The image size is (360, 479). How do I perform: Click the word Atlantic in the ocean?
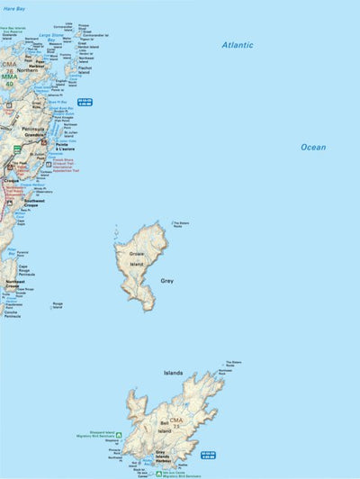(x=238, y=44)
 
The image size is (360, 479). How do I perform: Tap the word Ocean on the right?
(x=313, y=147)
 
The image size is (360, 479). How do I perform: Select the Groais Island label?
(x=137, y=258)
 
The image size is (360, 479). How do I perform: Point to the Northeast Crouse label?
(x=15, y=285)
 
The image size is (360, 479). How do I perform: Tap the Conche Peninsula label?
(x=12, y=314)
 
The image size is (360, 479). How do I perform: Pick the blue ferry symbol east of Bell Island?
(x=209, y=455)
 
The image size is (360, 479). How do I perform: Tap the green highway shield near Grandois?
(x=16, y=149)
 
